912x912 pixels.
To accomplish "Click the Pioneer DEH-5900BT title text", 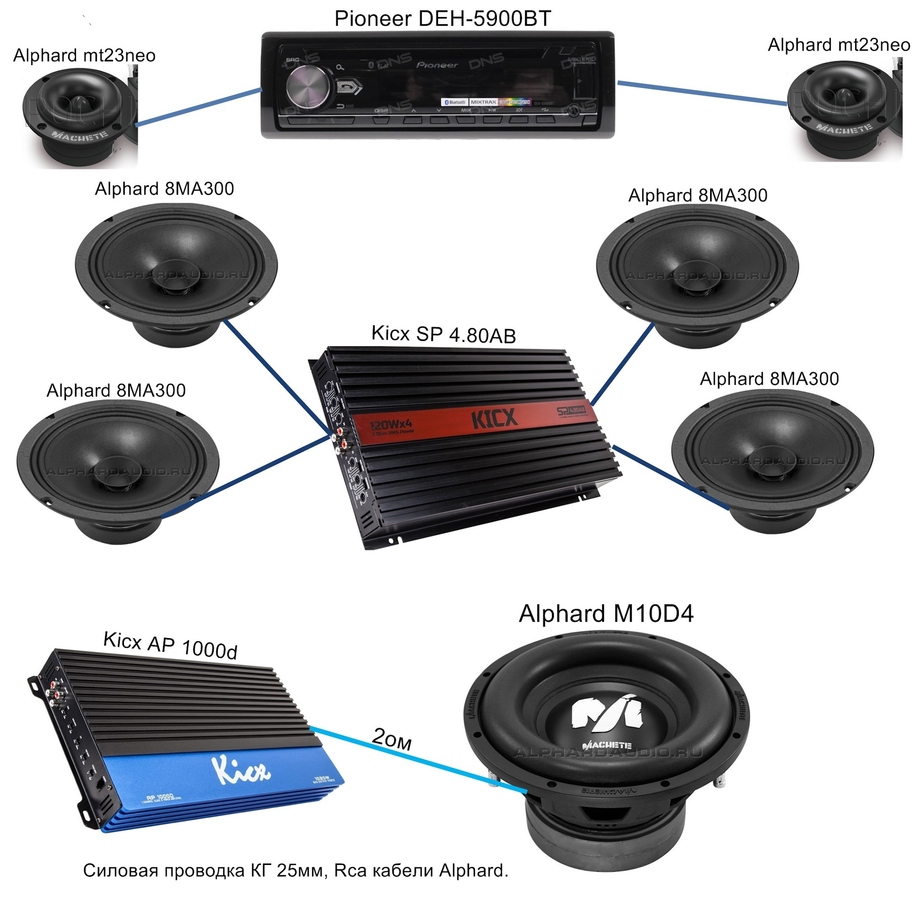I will click(x=442, y=19).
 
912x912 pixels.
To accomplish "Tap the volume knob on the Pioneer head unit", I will click(x=307, y=87).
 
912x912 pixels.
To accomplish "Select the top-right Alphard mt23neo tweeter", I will click(x=843, y=110).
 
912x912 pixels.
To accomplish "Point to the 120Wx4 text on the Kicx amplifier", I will click(x=390, y=423).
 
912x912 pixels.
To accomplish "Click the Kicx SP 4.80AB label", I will click(x=443, y=334).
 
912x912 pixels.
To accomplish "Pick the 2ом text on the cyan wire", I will click(x=392, y=739).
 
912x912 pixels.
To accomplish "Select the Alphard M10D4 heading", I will click(x=606, y=614).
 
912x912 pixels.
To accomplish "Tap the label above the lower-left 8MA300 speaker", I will click(x=116, y=390).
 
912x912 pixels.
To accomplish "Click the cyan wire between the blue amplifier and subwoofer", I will click(x=418, y=760).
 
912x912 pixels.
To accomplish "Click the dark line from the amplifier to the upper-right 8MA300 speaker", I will click(x=622, y=364).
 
